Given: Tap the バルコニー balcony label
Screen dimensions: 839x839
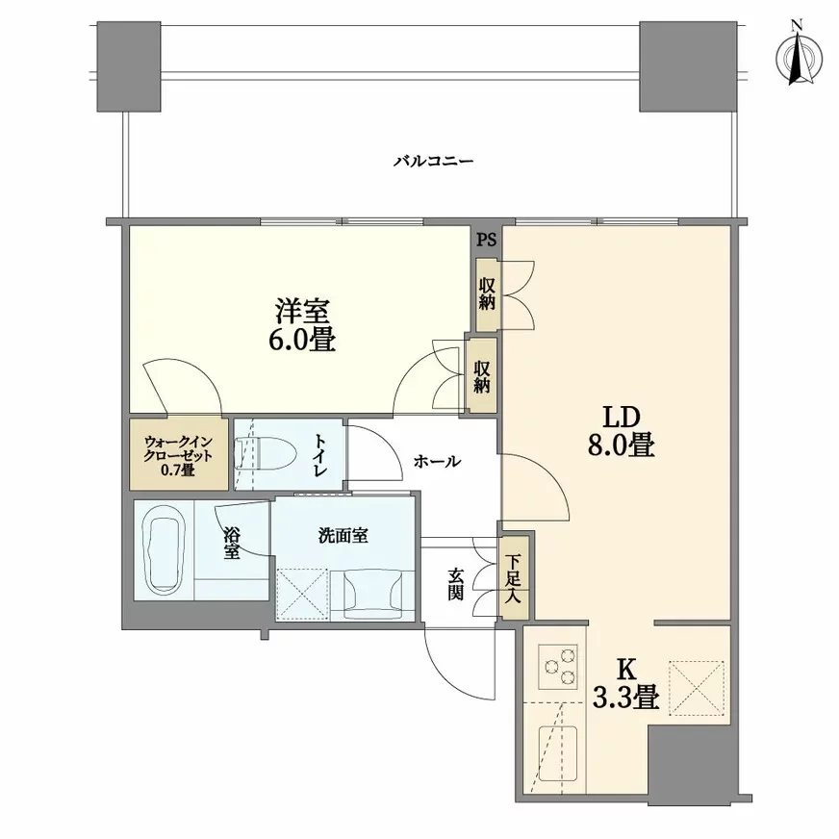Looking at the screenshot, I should point(433,162).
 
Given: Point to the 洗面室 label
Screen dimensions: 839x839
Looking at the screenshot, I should point(343,537).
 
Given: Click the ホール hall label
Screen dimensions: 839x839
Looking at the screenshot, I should point(436,462).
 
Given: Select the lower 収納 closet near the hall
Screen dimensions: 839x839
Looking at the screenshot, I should point(481,375).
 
